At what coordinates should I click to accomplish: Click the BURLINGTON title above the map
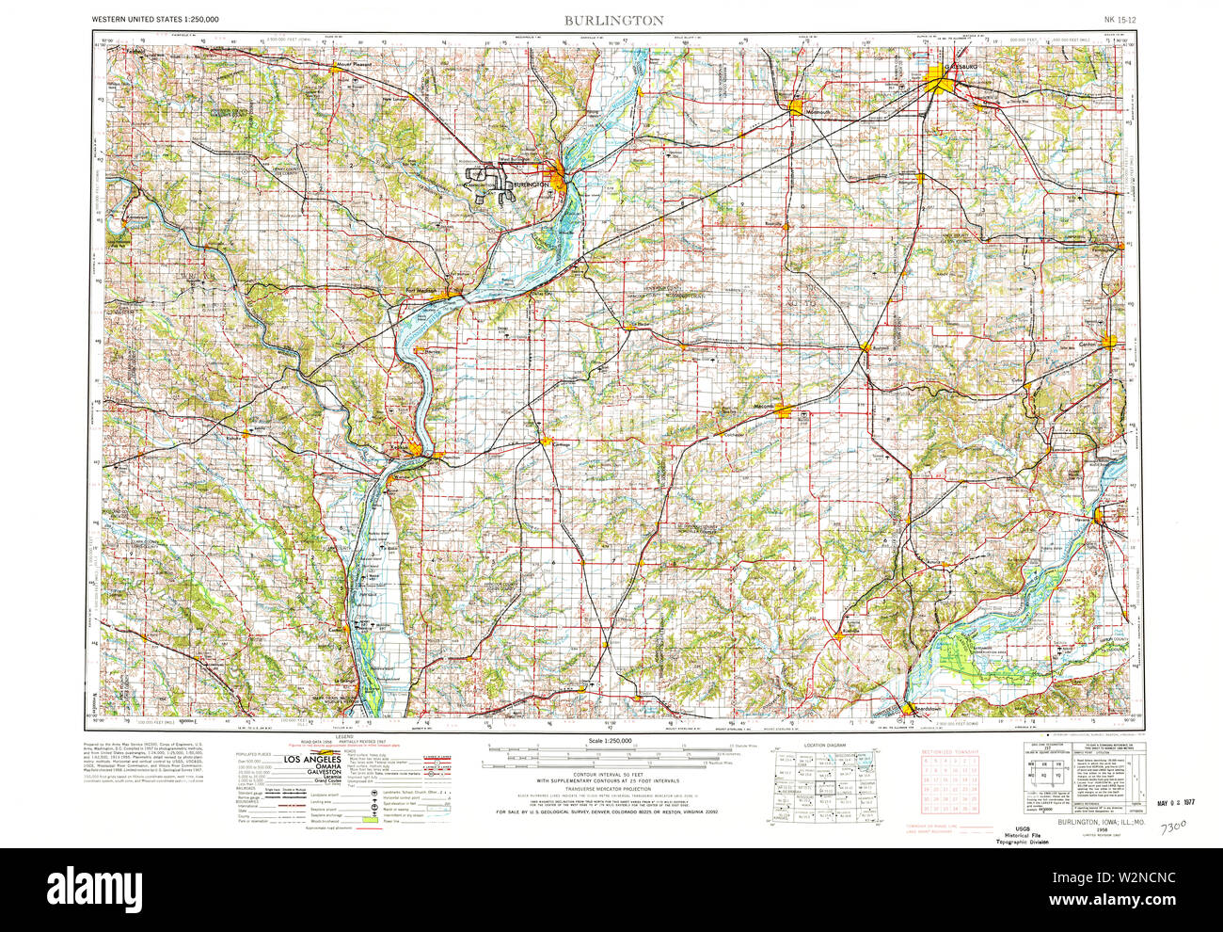coord(613,20)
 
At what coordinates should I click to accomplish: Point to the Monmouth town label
coord(819,114)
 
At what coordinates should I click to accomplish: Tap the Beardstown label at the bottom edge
coord(922,713)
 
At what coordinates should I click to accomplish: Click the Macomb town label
coord(762,407)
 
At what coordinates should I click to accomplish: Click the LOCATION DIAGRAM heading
coord(825,745)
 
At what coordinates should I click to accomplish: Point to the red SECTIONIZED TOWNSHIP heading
coord(949,753)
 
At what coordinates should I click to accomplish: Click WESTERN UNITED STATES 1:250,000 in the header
coord(156,20)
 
